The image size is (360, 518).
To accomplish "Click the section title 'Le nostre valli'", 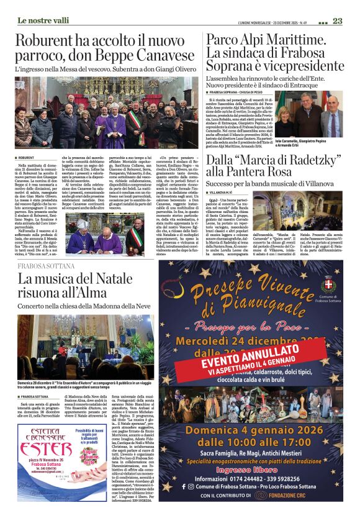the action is (x=43, y=20).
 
